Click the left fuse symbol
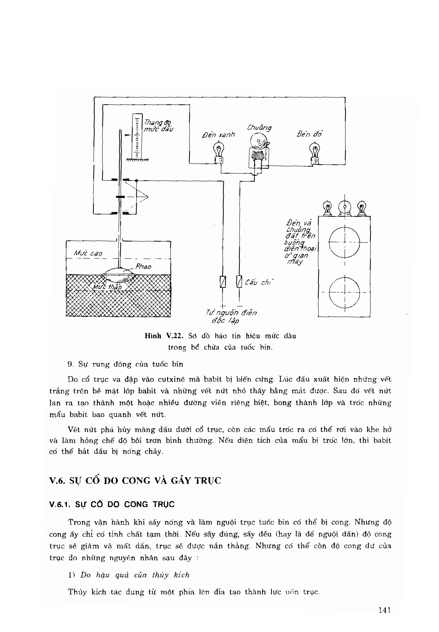223,282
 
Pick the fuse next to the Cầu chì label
239,282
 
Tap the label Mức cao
88,253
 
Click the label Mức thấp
107,287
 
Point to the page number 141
385,610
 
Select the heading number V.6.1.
59,505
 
